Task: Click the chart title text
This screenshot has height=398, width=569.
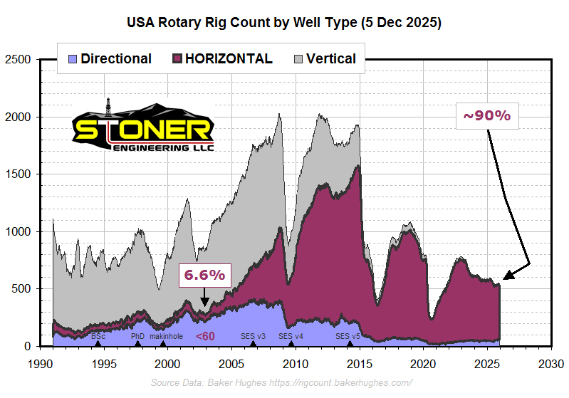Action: [x=284, y=22]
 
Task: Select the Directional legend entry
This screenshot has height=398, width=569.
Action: [x=108, y=59]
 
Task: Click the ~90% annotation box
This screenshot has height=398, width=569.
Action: [x=487, y=116]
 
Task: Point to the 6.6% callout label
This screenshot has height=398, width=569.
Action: [x=204, y=274]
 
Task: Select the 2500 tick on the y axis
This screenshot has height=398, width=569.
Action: [x=19, y=59]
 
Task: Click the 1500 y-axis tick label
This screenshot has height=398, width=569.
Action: [x=19, y=174]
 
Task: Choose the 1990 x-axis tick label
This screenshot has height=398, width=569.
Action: [x=40, y=363]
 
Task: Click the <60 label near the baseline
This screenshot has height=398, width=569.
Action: [x=205, y=336]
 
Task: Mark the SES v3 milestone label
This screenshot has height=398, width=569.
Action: [x=252, y=336]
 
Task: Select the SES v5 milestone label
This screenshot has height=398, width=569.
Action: [x=349, y=336]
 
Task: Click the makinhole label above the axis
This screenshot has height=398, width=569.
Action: [x=167, y=336]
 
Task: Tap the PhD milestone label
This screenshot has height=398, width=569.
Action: [x=137, y=336]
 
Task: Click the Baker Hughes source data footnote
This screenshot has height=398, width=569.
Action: [x=281, y=383]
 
